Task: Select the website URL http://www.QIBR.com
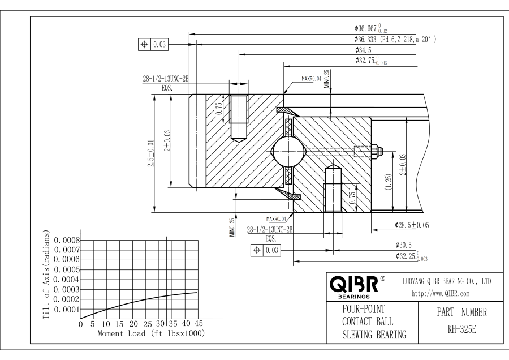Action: tap(441, 294)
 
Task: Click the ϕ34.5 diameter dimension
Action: tap(363, 50)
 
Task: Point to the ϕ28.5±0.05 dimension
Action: tap(412, 225)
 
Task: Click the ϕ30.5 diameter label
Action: tap(403, 245)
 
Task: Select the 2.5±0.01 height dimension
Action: tap(151, 153)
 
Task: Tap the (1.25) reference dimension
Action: tap(388, 182)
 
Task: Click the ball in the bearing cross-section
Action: tap(289, 151)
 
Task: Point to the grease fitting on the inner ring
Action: tap(377, 151)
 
